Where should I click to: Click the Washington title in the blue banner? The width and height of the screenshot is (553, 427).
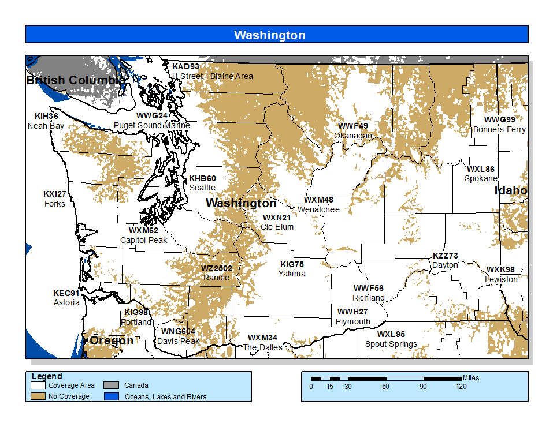point(269,35)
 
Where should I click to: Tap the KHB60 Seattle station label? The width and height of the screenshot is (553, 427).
point(202,183)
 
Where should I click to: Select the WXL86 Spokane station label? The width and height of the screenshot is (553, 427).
point(481,174)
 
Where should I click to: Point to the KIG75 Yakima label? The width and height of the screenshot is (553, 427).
point(292,269)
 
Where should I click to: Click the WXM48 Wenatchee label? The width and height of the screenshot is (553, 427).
point(318,205)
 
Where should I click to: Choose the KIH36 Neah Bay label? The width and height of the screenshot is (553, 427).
point(46,121)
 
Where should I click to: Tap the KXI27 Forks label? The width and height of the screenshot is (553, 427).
point(55,198)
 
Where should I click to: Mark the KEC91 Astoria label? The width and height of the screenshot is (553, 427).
point(66,298)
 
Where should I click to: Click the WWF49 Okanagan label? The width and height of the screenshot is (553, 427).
point(353,130)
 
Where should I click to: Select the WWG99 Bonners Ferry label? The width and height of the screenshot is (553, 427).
point(499,125)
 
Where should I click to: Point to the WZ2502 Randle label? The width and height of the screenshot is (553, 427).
point(216,273)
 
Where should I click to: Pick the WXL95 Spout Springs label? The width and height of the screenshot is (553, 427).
point(391,339)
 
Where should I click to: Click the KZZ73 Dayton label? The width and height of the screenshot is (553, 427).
point(445,260)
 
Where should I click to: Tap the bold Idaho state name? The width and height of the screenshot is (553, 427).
point(511,190)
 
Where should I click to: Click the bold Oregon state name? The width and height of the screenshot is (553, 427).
point(111,340)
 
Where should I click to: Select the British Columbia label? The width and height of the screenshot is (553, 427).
point(75,80)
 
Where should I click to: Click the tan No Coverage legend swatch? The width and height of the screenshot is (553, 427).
point(39,396)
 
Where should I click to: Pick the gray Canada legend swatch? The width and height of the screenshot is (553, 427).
point(111,385)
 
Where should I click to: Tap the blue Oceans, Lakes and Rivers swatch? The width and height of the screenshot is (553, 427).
point(111,396)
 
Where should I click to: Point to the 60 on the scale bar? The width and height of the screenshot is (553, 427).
point(385,386)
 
